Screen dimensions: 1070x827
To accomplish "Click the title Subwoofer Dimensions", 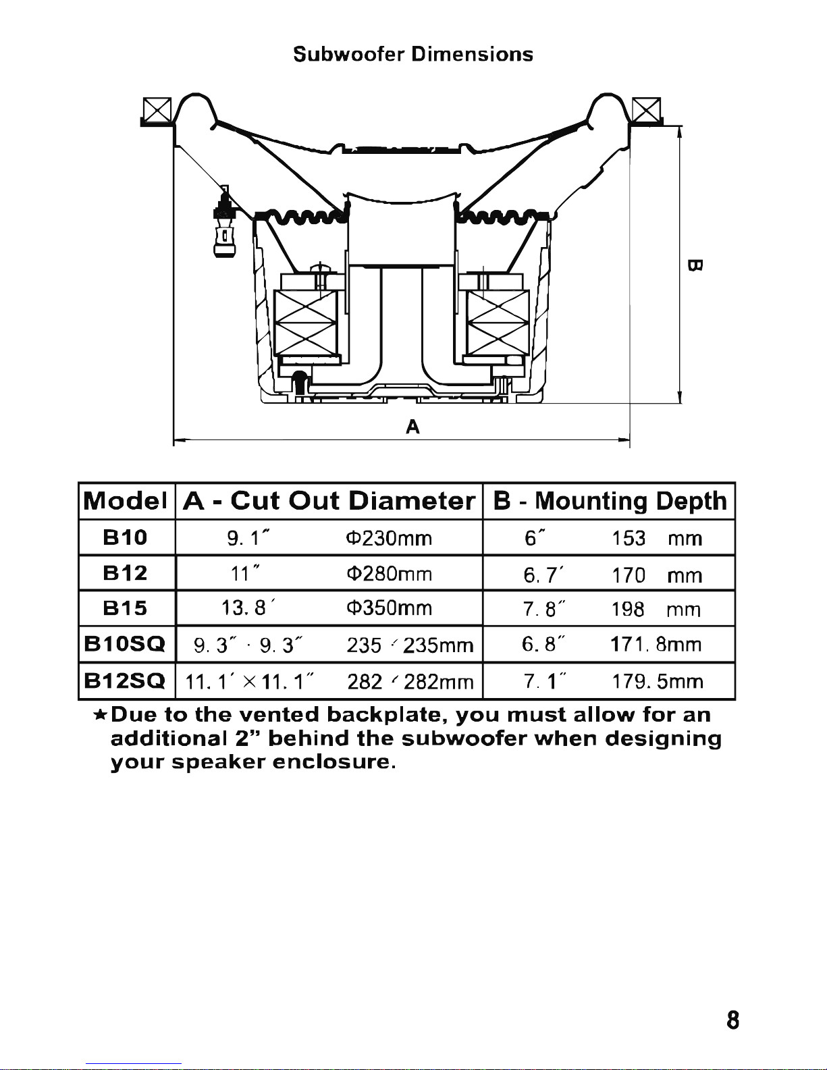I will tap(413, 54).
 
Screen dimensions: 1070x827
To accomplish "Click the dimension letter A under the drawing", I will tap(412, 427).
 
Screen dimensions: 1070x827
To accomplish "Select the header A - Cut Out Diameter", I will tap(329, 501).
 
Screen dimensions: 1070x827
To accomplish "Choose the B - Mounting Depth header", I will tap(610, 501).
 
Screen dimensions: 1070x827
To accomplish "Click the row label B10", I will tap(125, 538).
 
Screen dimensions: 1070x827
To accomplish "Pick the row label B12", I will tap(125, 574).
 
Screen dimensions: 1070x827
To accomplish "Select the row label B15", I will tap(125, 609).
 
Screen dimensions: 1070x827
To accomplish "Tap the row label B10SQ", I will tap(125, 645).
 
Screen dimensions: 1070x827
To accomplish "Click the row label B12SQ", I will tap(125, 681).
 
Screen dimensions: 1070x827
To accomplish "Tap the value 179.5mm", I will tap(657, 681).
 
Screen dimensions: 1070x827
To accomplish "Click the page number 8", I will tap(733, 1020).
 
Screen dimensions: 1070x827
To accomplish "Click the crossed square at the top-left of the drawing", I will tap(157, 109).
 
